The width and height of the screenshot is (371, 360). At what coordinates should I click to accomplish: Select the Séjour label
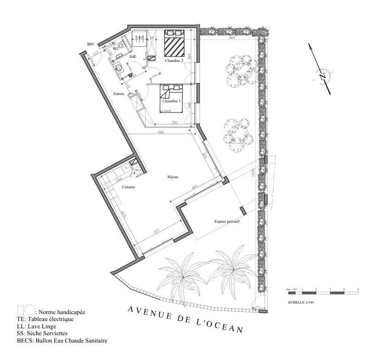[173, 177]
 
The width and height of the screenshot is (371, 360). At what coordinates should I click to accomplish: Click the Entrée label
[119, 94]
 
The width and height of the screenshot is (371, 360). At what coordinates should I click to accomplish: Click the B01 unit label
[91, 44]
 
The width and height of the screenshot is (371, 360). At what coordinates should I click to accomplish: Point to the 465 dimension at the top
[232, 38]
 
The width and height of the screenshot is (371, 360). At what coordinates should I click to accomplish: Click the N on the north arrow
[323, 75]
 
